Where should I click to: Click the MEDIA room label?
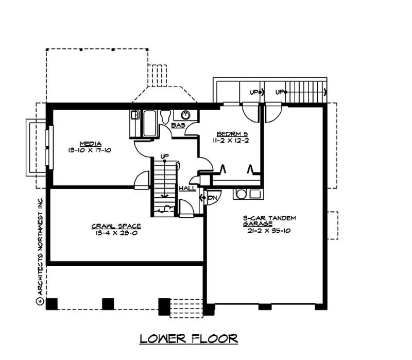(90, 144)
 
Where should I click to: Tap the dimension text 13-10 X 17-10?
(90, 150)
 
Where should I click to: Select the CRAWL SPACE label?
(116, 226)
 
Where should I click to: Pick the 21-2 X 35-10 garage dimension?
(269, 231)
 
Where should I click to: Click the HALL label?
(186, 188)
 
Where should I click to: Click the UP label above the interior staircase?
(164, 156)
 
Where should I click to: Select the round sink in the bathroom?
(185, 115)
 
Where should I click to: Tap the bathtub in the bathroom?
(150, 124)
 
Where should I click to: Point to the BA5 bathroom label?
(178, 125)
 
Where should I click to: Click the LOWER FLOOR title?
(188, 338)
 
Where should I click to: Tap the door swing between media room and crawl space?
(141, 179)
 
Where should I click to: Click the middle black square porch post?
(108, 303)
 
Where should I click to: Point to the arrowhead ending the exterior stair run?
(325, 93)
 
